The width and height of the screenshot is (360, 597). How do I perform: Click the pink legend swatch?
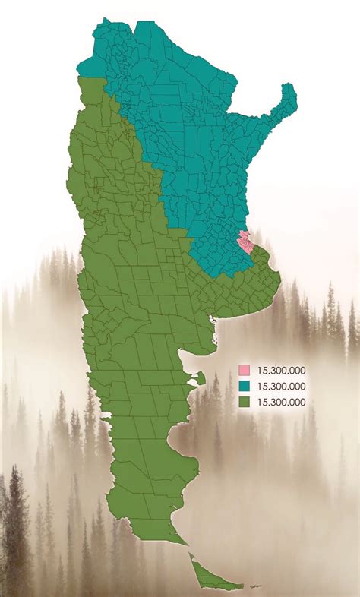245,371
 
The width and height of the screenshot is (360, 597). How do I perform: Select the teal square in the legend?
245,387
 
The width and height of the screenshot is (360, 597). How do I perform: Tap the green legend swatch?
245,402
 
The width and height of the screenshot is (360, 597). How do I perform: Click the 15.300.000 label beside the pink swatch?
282,371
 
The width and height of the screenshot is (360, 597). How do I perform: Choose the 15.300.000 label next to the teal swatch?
282,387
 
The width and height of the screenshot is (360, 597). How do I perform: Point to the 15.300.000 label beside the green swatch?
282,402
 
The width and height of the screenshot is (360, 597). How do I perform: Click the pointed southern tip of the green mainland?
185,543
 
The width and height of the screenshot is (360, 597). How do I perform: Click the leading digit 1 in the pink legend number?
261,371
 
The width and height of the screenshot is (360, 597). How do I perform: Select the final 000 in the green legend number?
297,402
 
